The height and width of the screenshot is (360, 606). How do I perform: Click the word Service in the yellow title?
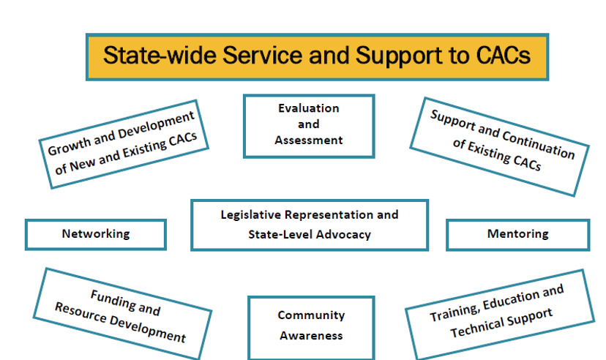263,55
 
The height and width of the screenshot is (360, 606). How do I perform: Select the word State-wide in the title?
160,55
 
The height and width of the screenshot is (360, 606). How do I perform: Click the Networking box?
96,234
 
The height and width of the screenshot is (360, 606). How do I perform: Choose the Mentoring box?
518,234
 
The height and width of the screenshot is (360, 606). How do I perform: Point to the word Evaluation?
309,108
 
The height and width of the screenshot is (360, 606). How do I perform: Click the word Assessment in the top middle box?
309,140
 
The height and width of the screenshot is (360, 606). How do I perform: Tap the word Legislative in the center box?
250,215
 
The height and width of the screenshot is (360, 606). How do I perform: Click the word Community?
312,315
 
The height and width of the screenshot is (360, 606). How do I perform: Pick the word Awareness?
312,336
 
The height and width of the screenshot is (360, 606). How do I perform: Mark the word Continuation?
539,145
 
